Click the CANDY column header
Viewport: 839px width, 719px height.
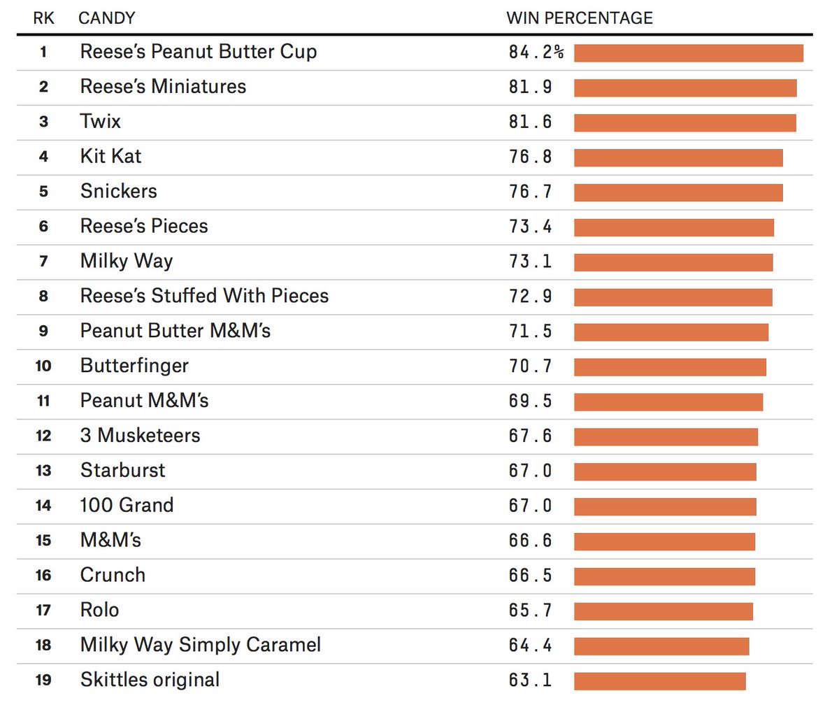click(x=106, y=18)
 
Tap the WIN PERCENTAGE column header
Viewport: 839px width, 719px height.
click(x=579, y=18)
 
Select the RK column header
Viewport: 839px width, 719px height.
click(x=43, y=18)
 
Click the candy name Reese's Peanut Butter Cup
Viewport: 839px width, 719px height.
click(x=198, y=52)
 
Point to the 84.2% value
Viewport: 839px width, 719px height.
click(x=536, y=52)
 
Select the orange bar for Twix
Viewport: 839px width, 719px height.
click(x=684, y=122)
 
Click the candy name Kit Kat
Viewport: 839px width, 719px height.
click(x=110, y=156)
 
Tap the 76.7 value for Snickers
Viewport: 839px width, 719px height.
click(x=530, y=192)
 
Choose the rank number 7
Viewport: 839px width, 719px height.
click(x=43, y=262)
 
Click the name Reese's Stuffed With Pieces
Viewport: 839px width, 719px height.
click(x=204, y=296)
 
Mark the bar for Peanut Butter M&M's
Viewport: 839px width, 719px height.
click(x=671, y=332)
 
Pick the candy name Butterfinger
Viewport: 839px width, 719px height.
click(x=134, y=366)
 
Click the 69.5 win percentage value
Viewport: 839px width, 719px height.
click(x=530, y=401)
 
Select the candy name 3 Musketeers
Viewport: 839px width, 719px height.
click(x=140, y=436)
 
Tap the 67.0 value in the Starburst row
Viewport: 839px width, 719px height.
click(x=530, y=471)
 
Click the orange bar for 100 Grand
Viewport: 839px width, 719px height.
click(x=665, y=506)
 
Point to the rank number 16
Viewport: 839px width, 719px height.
click(x=43, y=576)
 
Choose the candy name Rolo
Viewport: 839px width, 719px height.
click(x=99, y=610)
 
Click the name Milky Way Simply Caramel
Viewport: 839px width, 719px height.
click(x=201, y=645)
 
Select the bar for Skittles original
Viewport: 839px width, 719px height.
click(x=659, y=681)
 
